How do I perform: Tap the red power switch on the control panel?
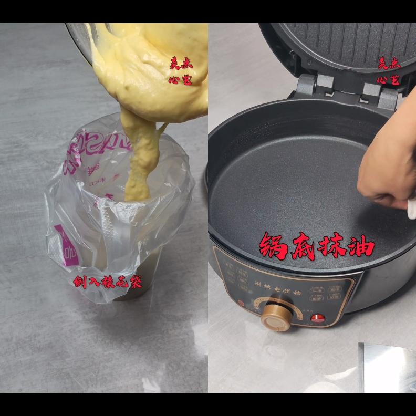point(317,318)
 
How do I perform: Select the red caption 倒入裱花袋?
point(108,282)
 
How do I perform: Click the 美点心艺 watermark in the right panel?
point(389,71)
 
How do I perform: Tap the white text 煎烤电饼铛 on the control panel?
point(276,286)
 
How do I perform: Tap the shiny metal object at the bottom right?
point(388,368)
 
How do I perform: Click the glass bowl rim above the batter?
point(79,39)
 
